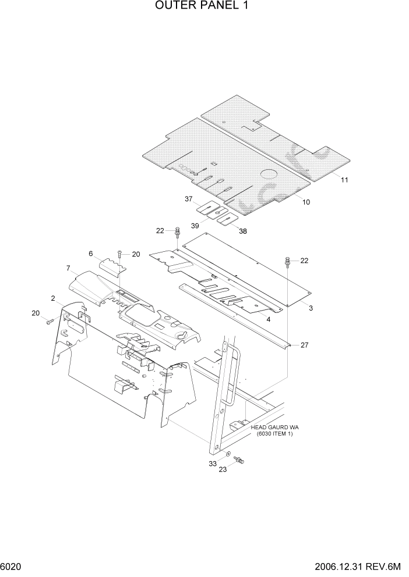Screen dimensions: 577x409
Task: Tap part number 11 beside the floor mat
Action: click(344, 180)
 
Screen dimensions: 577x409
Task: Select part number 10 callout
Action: click(306, 202)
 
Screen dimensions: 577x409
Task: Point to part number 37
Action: click(189, 199)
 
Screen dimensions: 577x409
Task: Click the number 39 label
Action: click(195, 225)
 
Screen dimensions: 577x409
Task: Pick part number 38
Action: click(243, 231)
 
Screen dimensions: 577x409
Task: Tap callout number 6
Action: click(91, 254)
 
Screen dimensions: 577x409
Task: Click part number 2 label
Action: click(53, 298)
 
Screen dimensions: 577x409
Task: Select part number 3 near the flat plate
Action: click(311, 307)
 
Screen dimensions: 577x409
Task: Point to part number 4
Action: click(268, 319)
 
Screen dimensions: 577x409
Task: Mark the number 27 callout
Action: click(304, 345)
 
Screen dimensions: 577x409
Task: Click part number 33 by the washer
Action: click(213, 463)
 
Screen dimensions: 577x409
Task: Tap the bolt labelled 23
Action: click(239, 461)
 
